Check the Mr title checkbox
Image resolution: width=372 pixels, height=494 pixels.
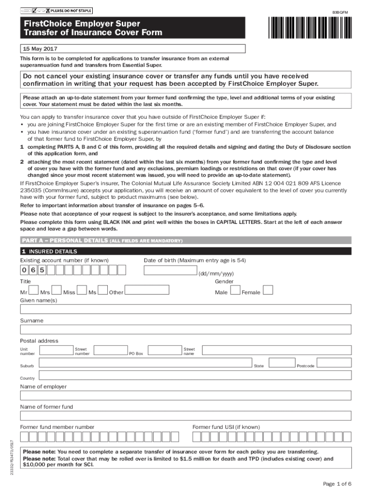click(33, 290)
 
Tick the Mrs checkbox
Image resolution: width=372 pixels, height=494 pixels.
click(56, 290)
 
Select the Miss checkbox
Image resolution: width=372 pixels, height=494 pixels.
click(82, 290)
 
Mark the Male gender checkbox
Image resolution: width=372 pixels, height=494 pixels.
click(235, 290)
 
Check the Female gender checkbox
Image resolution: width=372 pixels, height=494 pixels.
click(268, 290)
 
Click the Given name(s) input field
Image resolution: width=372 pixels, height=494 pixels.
click(186, 309)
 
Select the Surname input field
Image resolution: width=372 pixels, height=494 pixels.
click(186, 330)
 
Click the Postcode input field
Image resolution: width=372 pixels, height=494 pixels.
click(334, 363)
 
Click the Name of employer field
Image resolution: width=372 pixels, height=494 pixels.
click(186, 396)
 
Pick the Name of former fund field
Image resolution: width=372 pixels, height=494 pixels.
click(186, 416)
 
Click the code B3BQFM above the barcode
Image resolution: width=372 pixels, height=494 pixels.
click(340, 12)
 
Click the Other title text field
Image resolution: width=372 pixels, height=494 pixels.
click(147, 290)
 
